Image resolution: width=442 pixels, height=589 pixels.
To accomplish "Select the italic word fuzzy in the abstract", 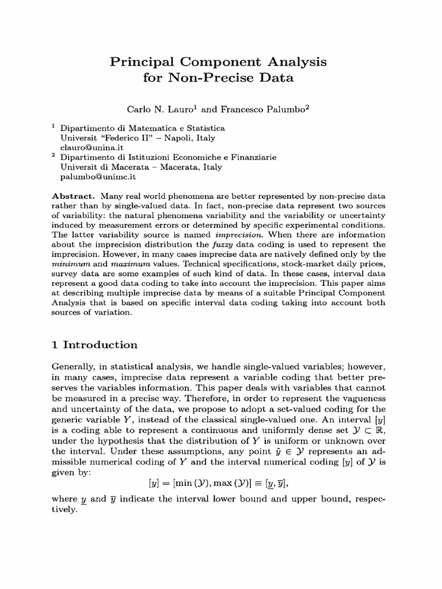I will [x=201, y=244].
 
